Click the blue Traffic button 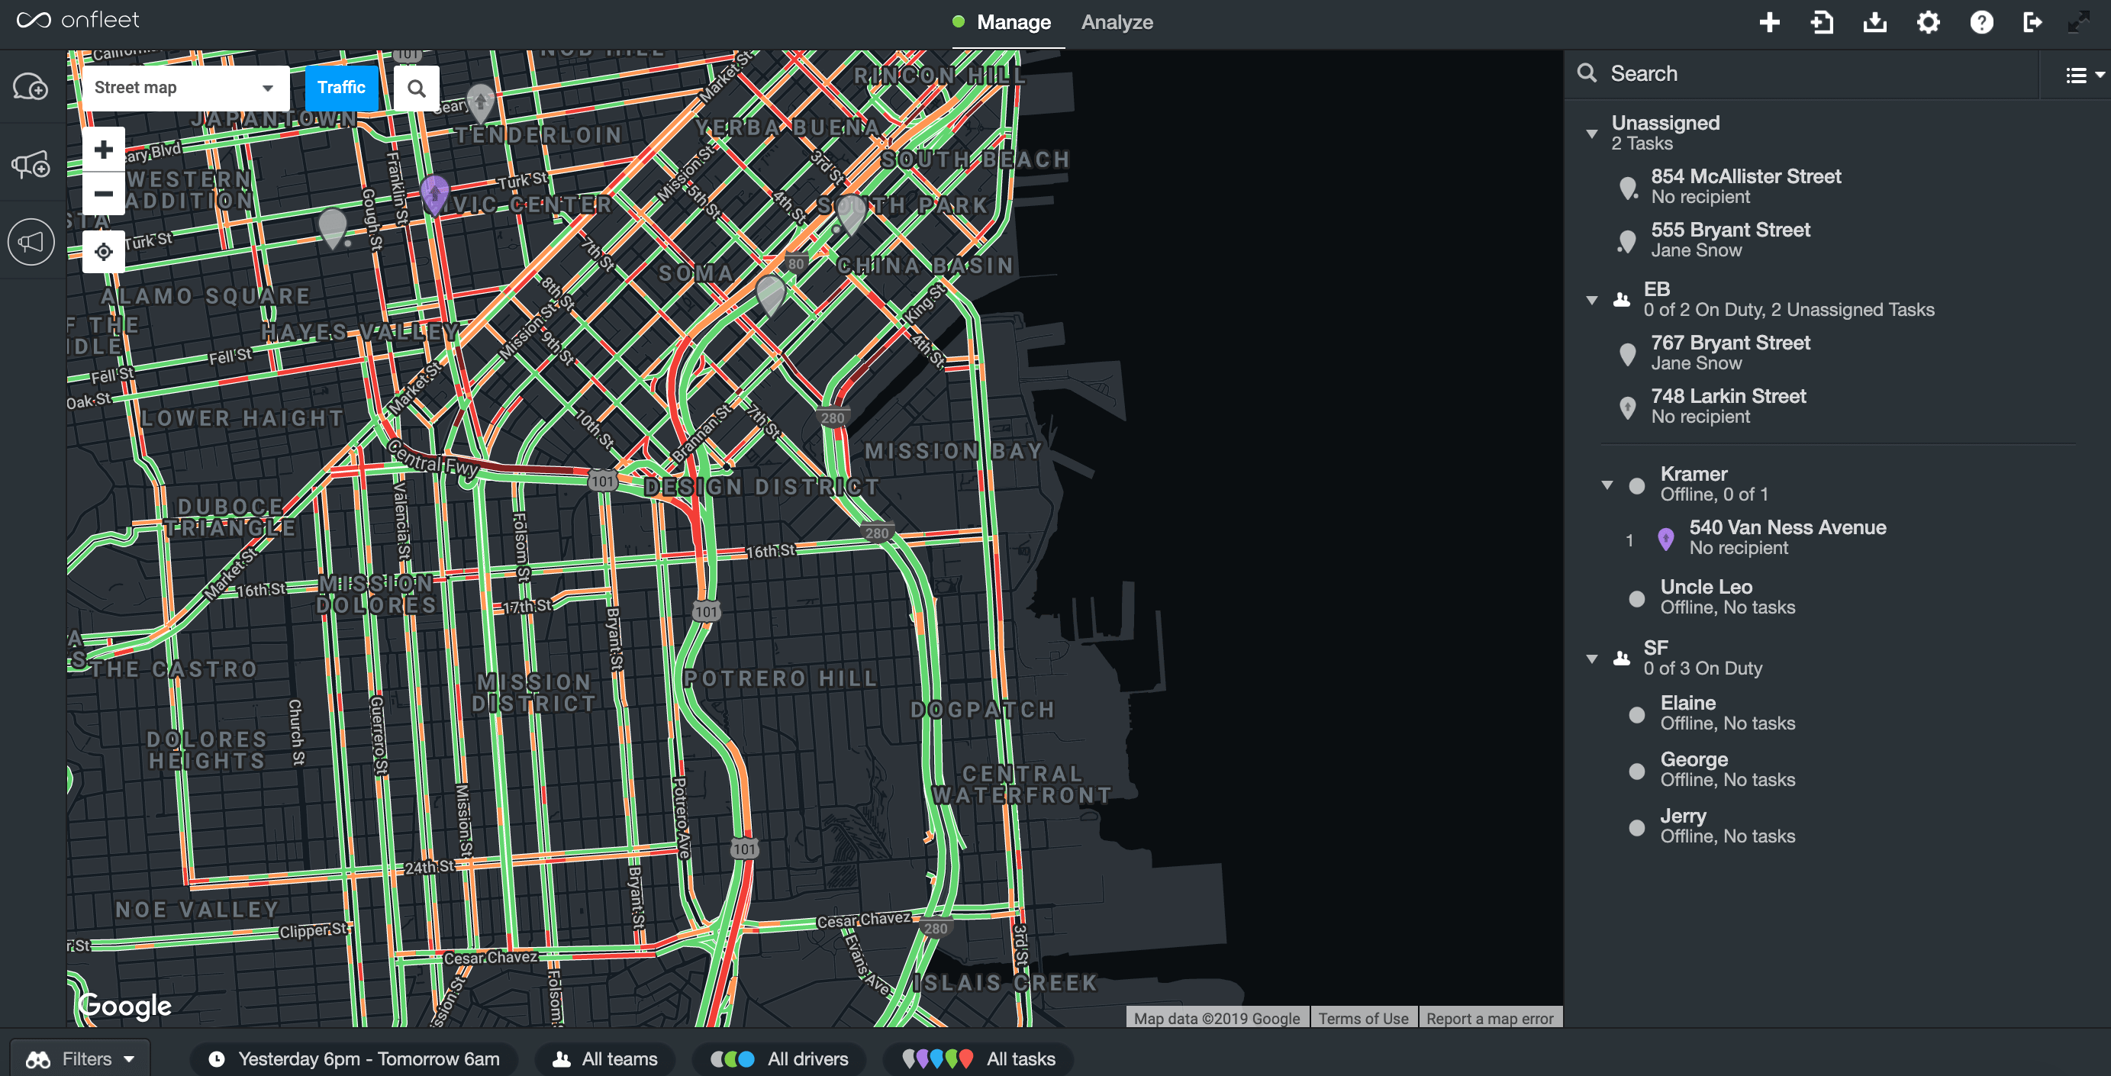pyautogui.click(x=341, y=88)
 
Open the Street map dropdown pyautogui.click(x=185, y=88)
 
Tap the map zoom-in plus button pyautogui.click(x=103, y=149)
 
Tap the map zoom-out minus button pyautogui.click(x=103, y=193)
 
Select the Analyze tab pyautogui.click(x=1116, y=22)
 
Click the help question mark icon pyautogui.click(x=1980, y=22)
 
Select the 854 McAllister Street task pyautogui.click(x=1745, y=186)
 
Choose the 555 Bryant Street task pyautogui.click(x=1729, y=240)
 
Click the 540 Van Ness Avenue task pyautogui.click(x=1787, y=536)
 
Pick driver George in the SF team pyautogui.click(x=1693, y=768)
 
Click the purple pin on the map pyautogui.click(x=433, y=192)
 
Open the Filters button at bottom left pyautogui.click(x=80, y=1058)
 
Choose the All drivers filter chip pyautogui.click(x=779, y=1058)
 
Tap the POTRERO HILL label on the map pyautogui.click(x=780, y=678)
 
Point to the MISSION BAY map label pyautogui.click(x=953, y=451)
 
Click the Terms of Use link pyautogui.click(x=1363, y=1018)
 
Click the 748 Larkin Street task pyautogui.click(x=1727, y=406)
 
